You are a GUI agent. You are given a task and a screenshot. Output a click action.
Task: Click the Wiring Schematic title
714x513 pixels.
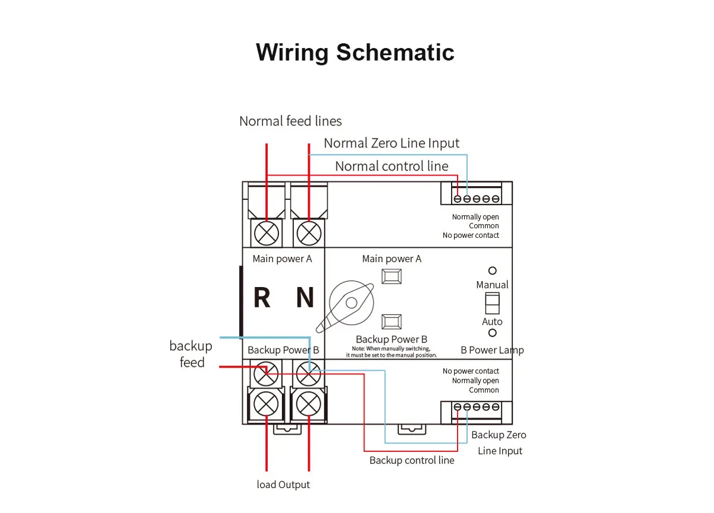(x=355, y=52)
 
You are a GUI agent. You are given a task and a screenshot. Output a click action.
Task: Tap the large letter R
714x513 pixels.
(x=262, y=298)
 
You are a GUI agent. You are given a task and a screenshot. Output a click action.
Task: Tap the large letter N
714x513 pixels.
(x=305, y=298)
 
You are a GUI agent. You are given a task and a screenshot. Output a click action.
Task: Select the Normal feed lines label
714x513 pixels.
(x=290, y=121)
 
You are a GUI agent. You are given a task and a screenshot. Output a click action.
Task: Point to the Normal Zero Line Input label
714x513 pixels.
(x=392, y=143)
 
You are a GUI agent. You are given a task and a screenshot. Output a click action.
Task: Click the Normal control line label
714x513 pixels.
(x=392, y=166)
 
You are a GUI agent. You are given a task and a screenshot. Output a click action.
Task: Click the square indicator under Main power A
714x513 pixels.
(x=391, y=276)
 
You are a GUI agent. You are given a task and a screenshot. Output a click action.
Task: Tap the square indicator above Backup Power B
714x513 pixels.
(x=391, y=322)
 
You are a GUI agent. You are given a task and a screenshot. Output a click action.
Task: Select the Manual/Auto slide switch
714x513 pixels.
(x=492, y=303)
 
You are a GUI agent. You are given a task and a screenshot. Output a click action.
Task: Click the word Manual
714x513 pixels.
(x=492, y=285)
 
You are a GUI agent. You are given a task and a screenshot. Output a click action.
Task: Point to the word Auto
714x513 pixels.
(x=492, y=322)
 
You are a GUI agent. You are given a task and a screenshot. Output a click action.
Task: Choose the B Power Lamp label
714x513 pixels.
(x=492, y=350)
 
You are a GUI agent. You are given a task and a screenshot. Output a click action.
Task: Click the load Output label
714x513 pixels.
(x=283, y=484)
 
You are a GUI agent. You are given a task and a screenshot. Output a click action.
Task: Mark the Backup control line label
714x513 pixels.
(x=412, y=460)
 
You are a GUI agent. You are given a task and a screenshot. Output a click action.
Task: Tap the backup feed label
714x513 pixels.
(x=191, y=354)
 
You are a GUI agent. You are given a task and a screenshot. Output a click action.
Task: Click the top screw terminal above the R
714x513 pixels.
(x=266, y=232)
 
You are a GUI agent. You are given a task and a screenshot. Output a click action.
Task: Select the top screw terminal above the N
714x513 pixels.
(x=308, y=232)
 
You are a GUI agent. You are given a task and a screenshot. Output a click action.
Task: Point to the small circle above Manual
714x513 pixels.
(x=492, y=270)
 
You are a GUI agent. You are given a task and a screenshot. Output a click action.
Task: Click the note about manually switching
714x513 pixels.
(x=392, y=352)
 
